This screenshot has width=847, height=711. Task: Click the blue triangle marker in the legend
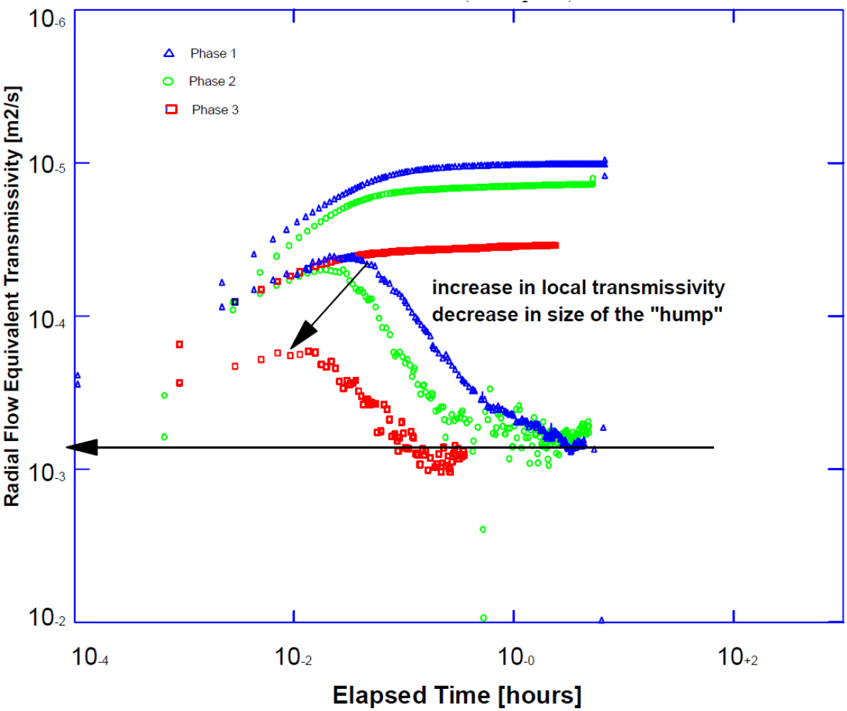[x=169, y=53]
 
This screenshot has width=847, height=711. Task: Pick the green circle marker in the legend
[x=169, y=81]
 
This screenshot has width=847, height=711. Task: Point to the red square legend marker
[x=171, y=110]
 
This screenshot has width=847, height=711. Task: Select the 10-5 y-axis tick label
[x=47, y=165]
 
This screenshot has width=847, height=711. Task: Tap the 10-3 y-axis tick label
[x=47, y=472]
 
